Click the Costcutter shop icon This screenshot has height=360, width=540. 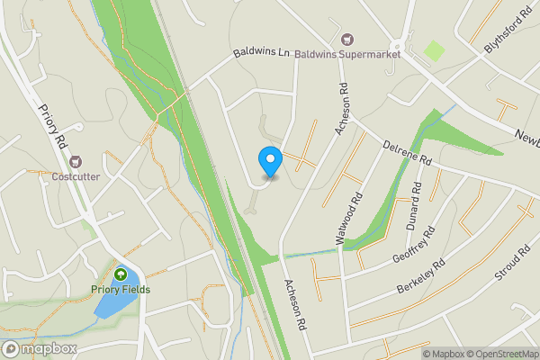pos(76,161)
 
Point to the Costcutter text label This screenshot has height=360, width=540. pos(76,177)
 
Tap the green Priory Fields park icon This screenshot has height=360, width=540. pos(120,274)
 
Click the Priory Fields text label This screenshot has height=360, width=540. pos(120,290)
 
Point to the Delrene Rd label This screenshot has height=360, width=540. pos(408,156)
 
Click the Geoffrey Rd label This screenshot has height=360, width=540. pos(415,246)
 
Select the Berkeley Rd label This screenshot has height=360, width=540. pos(421,277)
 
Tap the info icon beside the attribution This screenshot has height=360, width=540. pos(414,354)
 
